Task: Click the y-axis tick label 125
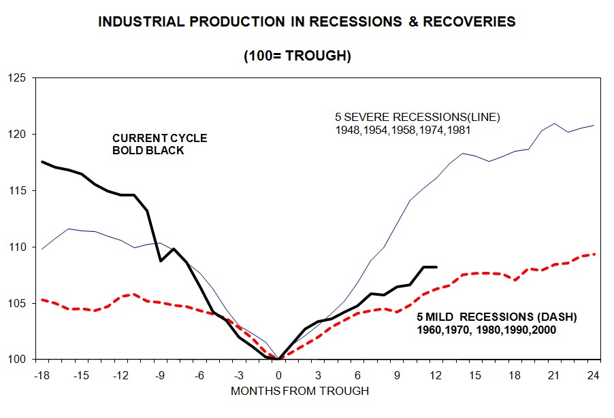[x=16, y=78]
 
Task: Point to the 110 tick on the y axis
[x=16, y=247]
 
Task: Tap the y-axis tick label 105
[x=16, y=303]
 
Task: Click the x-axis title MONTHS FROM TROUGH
[x=300, y=391]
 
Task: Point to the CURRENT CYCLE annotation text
[x=159, y=139]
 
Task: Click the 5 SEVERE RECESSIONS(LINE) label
[x=417, y=117]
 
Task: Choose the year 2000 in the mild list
[x=543, y=330]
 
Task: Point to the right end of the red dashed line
[x=596, y=254]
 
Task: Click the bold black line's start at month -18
[x=42, y=162]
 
